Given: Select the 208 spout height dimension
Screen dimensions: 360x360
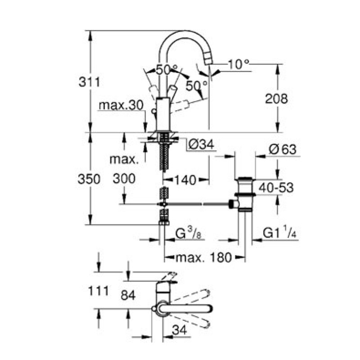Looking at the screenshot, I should [276, 99].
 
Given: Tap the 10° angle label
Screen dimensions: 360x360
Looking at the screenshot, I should [238, 64].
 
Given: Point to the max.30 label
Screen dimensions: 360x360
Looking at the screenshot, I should [121, 105].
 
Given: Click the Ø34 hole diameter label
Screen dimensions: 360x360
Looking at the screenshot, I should [201, 145].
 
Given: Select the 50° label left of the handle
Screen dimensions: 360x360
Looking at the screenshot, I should [166, 69].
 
